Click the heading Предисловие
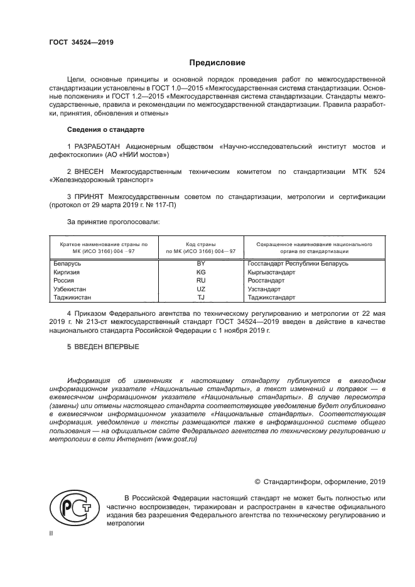217,63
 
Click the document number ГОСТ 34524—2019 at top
81,43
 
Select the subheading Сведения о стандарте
105,130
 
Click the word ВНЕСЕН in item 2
90,171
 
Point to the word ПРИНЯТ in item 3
91,197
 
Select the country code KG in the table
201,272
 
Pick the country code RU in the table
201,281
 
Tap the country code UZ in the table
201,289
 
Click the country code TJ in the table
201,298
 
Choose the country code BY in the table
201,264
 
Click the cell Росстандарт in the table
267,281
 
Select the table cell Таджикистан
73,298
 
